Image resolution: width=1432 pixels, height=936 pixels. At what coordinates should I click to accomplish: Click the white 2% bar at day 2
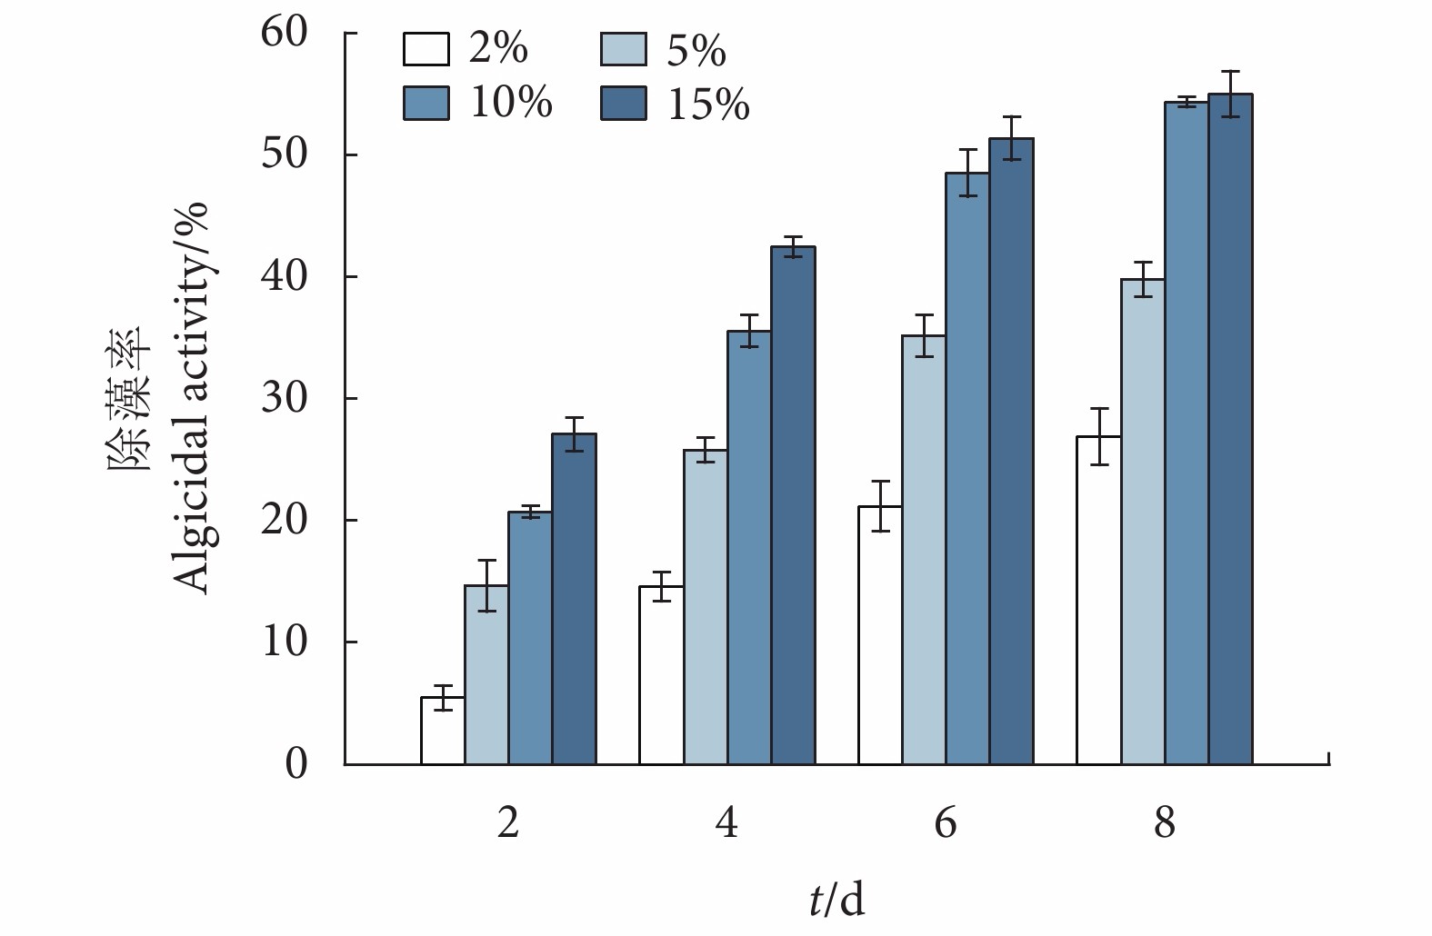tap(443, 731)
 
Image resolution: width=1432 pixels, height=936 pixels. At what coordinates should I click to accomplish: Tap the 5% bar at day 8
tap(1143, 522)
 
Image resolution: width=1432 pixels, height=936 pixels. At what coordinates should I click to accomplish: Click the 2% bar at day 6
tap(880, 635)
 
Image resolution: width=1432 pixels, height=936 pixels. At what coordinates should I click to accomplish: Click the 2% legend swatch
tap(426, 49)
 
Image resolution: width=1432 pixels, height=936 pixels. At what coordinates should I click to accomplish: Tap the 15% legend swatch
tap(623, 104)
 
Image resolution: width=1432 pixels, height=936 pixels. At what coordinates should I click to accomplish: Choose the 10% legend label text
tap(510, 103)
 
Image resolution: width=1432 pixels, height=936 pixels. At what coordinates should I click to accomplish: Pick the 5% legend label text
tap(696, 51)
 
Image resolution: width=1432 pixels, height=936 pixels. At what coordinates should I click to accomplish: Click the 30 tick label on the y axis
tap(284, 398)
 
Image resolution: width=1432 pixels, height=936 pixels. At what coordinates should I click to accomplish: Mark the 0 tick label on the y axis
tap(296, 763)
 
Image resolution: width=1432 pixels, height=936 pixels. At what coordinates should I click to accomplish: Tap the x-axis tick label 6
tap(946, 823)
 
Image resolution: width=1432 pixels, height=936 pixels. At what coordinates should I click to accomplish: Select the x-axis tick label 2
tap(508, 823)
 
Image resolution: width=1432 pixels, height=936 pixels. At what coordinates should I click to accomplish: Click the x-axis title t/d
tap(836, 900)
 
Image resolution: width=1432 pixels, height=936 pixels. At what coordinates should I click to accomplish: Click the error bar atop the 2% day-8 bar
tap(1099, 436)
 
